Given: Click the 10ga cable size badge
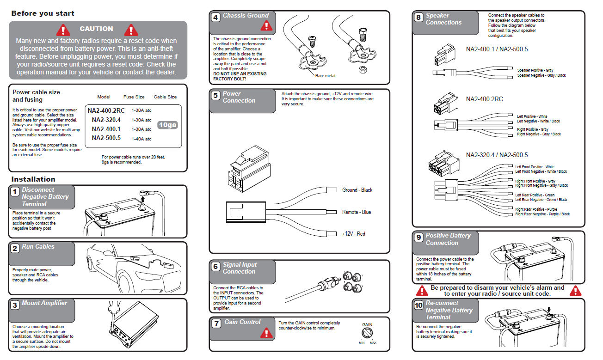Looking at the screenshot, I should click(x=167, y=125).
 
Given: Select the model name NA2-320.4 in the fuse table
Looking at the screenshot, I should click(x=106, y=120).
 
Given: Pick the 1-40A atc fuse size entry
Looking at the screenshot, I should click(x=142, y=139).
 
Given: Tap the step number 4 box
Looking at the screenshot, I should click(x=215, y=18).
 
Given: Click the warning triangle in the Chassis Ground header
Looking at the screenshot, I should click(x=266, y=25).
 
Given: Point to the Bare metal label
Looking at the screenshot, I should click(x=325, y=75).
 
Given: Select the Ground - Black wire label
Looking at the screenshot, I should click(x=357, y=190).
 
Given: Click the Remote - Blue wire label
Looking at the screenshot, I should click(x=357, y=212).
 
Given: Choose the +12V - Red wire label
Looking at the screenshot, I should click(x=354, y=234).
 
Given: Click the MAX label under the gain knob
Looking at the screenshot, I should click(x=373, y=343).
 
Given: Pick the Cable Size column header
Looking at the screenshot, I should click(x=165, y=97).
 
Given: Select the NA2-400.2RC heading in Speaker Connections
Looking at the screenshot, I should click(x=484, y=99).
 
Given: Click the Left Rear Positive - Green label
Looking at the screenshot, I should click(x=535, y=195).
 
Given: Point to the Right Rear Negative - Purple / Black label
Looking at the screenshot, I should click(x=542, y=214).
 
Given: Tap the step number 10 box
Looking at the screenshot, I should click(x=418, y=305).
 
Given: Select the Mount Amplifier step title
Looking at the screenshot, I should click(x=44, y=303).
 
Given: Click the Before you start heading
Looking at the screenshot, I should click(x=43, y=13).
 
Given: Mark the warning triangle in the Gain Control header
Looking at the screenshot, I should click(x=266, y=332).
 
